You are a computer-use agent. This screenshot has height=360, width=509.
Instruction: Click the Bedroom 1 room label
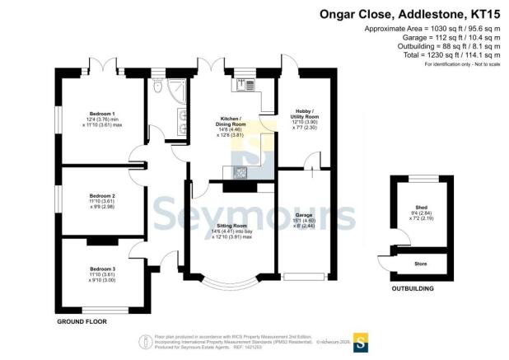point(102,113)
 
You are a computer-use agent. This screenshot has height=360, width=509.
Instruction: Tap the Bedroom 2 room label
point(102,196)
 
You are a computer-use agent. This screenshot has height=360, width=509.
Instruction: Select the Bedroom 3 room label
point(102,269)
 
